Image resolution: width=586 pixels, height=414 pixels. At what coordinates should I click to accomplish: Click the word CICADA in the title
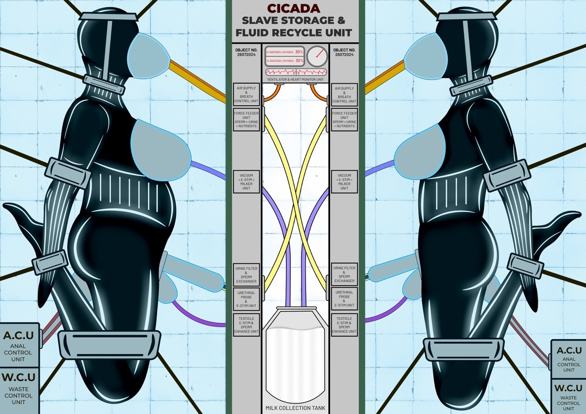(x=294, y=9)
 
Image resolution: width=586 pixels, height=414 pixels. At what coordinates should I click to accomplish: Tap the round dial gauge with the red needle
(x=317, y=56)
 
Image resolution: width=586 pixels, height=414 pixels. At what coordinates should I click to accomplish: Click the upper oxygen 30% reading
(x=299, y=52)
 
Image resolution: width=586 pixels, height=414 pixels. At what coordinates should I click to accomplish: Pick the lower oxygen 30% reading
(x=299, y=60)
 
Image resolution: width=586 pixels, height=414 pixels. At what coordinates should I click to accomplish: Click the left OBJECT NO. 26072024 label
(x=246, y=52)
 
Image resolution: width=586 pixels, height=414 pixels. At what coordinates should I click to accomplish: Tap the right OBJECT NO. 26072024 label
(x=344, y=52)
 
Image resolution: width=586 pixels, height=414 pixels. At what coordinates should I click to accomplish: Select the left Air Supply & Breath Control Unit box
(x=246, y=95)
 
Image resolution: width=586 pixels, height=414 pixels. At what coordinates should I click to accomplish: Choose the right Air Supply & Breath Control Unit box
(x=344, y=95)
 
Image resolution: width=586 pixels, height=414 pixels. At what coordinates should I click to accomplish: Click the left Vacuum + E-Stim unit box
(x=246, y=182)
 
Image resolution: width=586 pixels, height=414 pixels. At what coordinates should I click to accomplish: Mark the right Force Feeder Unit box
(x=344, y=120)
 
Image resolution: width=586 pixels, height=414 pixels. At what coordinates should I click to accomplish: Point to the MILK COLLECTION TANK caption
(x=295, y=408)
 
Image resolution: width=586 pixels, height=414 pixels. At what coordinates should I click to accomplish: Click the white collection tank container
(x=295, y=357)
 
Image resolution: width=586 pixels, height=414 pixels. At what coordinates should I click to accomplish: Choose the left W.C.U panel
(x=18, y=389)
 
